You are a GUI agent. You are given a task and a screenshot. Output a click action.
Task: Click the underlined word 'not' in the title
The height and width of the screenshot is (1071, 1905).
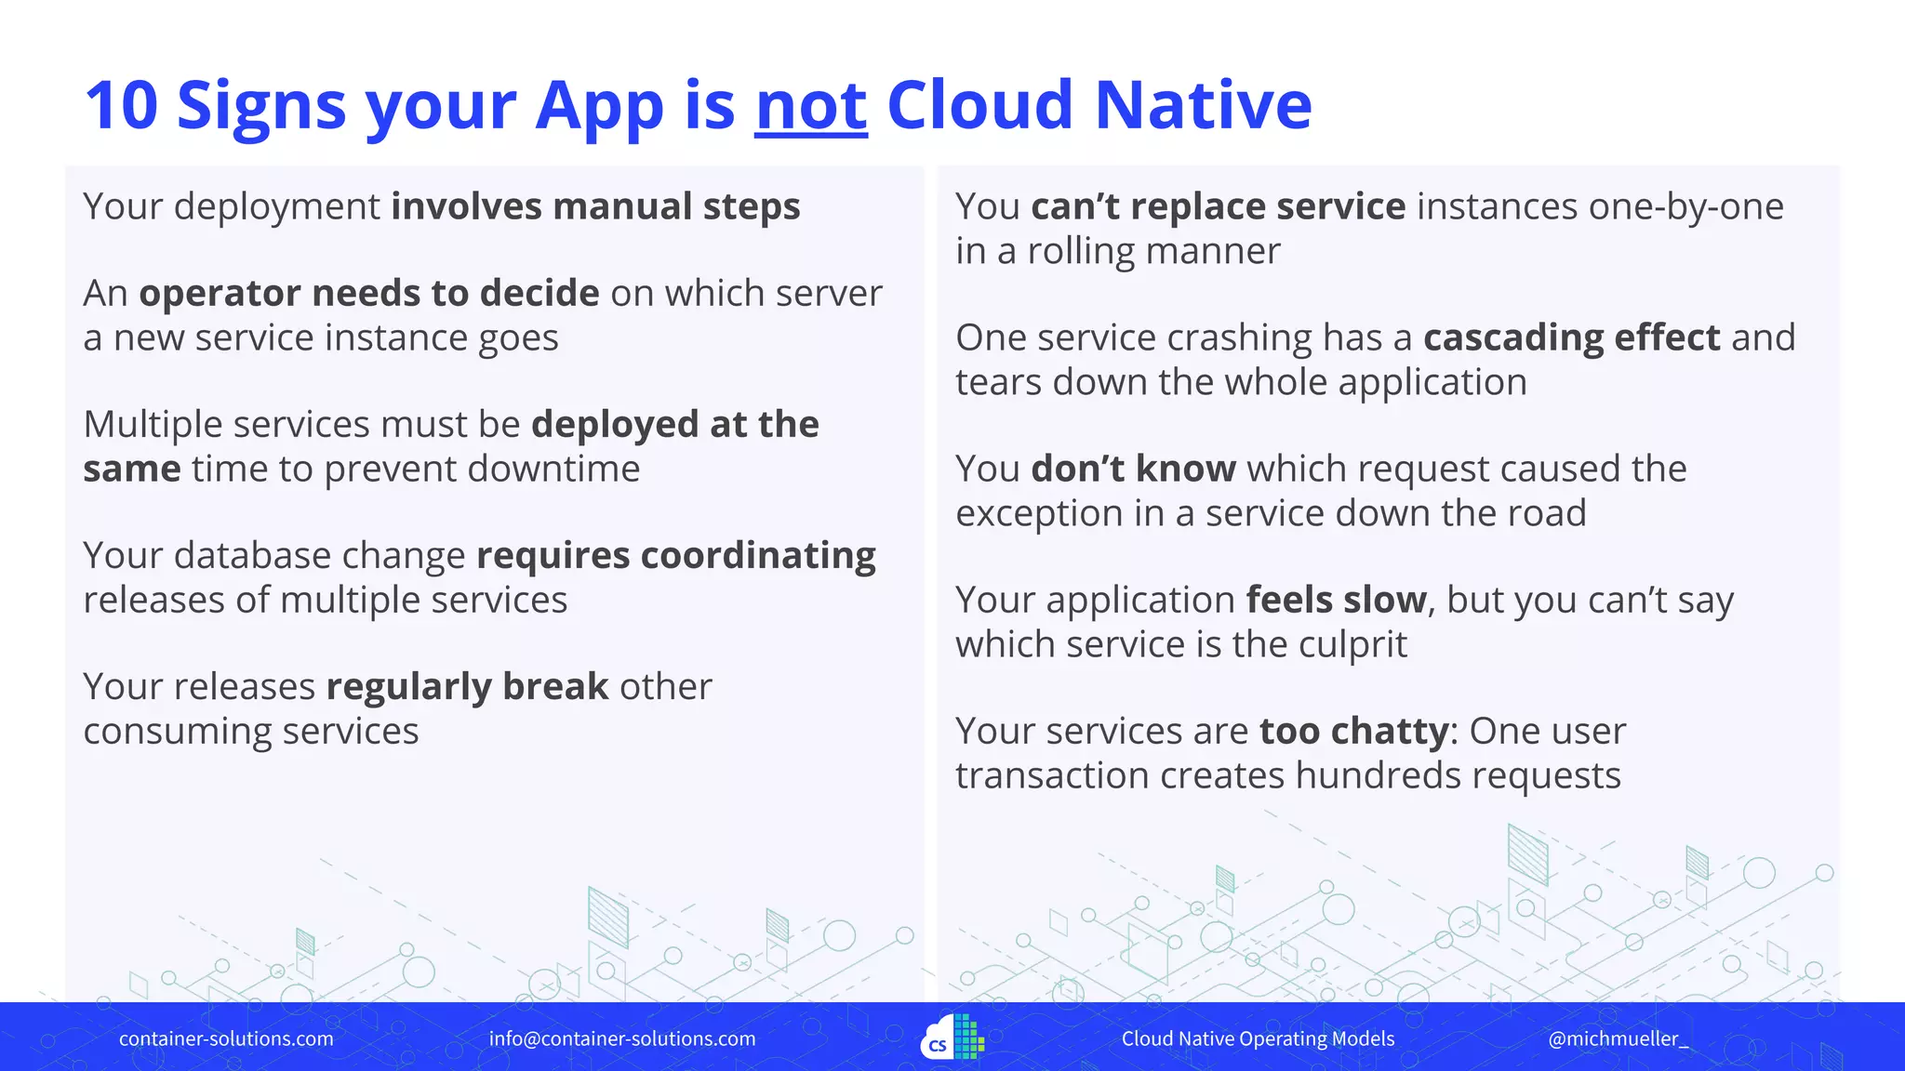810,105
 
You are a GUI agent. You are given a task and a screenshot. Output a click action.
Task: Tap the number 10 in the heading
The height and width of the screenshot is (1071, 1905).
121,105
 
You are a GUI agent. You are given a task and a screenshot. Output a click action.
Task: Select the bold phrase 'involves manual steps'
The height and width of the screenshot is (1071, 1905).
595,206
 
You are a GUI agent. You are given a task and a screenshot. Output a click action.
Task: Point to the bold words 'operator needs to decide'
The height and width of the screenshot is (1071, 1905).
368,294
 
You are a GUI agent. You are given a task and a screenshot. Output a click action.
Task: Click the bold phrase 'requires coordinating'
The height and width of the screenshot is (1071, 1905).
675,556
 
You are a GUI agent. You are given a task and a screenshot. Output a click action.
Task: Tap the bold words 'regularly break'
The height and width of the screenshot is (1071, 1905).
467,687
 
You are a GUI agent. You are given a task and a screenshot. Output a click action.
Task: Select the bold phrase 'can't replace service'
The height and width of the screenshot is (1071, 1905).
1218,206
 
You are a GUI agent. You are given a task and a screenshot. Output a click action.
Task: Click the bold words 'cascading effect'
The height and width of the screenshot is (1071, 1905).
1571,337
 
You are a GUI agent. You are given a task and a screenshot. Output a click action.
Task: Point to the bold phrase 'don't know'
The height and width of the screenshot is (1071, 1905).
1133,469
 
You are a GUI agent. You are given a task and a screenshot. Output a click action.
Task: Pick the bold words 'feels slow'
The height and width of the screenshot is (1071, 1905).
1336,600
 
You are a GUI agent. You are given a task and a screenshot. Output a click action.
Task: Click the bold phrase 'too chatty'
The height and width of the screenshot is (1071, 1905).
1353,732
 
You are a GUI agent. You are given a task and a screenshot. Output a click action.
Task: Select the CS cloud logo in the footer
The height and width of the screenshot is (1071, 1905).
952,1038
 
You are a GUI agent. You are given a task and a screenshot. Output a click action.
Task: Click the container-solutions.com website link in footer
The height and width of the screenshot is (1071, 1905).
226,1038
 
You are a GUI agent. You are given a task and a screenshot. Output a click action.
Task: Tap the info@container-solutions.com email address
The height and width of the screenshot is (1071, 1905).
622,1038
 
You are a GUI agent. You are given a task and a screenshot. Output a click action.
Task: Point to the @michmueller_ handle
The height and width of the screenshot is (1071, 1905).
1618,1038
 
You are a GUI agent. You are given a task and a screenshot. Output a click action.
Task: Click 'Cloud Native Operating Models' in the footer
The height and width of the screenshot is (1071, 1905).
1258,1038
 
